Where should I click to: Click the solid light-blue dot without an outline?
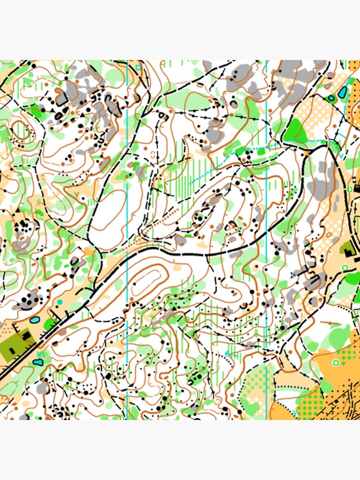pos(60,302)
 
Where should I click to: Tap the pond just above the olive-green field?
pos(35,319)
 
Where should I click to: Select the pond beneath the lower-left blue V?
pos(38,362)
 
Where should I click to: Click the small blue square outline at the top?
pos(138,67)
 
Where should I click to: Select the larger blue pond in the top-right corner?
pos(343,93)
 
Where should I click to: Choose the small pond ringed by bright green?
pos(331,98)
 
